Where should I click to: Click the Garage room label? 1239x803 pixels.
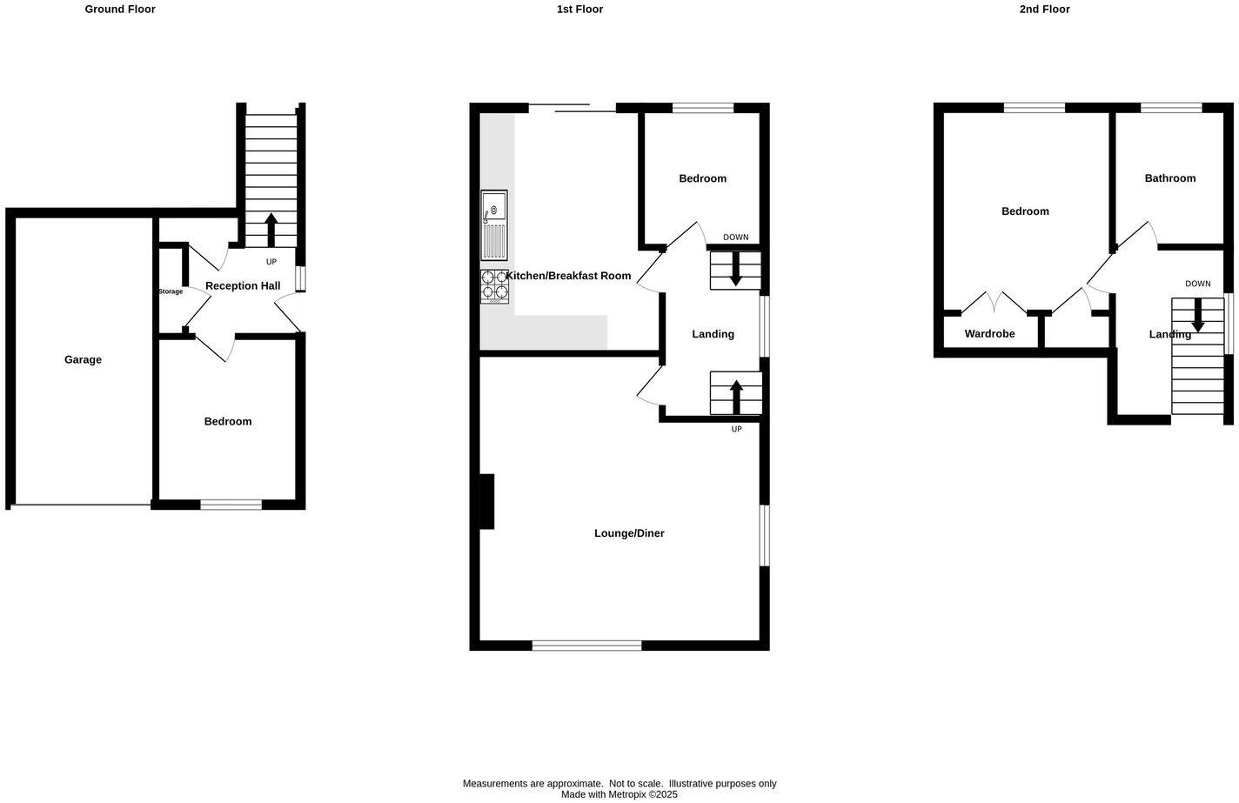pyautogui.click(x=83, y=359)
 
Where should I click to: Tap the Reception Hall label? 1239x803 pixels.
pyautogui.click(x=243, y=285)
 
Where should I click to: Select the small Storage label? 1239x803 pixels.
pyautogui.click(x=171, y=291)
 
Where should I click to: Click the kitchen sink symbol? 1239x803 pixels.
pyautogui.click(x=494, y=224)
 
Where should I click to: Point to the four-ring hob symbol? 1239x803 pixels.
pyautogui.click(x=495, y=285)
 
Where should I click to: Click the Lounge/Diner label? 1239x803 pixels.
pyautogui.click(x=629, y=533)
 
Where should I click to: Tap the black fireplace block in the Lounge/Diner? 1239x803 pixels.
pyautogui.click(x=486, y=501)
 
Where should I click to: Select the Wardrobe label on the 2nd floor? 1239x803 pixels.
pyautogui.click(x=989, y=334)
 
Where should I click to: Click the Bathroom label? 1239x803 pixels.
pyautogui.click(x=1169, y=178)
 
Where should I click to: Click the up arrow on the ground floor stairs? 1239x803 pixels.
pyautogui.click(x=271, y=230)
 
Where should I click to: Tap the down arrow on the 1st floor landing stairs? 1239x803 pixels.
pyautogui.click(x=736, y=269)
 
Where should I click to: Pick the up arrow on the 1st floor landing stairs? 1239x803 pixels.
pyautogui.click(x=736, y=397)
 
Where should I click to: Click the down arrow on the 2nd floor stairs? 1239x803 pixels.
pyautogui.click(x=1197, y=315)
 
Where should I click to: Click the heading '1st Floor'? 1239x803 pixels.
pyautogui.click(x=579, y=10)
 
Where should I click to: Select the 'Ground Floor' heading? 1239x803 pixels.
pyautogui.click(x=120, y=10)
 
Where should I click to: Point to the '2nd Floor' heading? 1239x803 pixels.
pyautogui.click(x=1044, y=10)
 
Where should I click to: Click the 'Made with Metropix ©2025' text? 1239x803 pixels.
pyautogui.click(x=619, y=794)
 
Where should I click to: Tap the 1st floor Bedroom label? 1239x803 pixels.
pyautogui.click(x=702, y=178)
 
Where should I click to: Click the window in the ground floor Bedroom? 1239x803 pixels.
pyautogui.click(x=231, y=505)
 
